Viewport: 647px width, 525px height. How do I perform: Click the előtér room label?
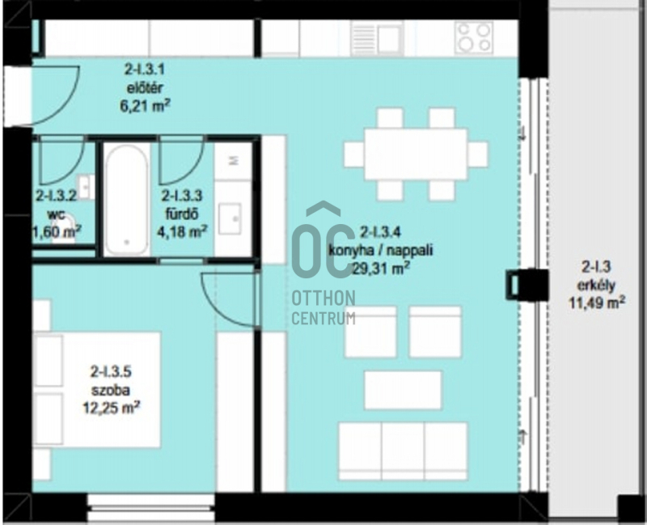click(145, 88)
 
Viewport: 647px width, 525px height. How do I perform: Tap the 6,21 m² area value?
click(145, 106)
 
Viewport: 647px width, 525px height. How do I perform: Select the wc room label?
click(56, 214)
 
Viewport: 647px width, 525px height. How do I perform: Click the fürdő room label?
click(182, 214)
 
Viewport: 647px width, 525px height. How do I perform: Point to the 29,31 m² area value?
click(380, 269)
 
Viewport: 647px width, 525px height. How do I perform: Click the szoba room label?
click(111, 390)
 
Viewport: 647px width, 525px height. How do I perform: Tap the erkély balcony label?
click(596, 286)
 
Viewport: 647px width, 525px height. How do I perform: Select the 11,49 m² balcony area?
click(597, 303)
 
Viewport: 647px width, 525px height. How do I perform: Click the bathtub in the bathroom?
click(126, 199)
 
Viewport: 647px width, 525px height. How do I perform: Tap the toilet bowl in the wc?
click(64, 229)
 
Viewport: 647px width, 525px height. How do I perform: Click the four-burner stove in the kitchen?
click(474, 36)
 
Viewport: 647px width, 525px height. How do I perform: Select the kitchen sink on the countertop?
click(377, 37)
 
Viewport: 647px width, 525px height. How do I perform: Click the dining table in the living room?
click(416, 155)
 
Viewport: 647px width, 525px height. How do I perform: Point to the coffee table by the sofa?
click(403, 390)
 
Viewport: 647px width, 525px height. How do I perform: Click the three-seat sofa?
click(403, 451)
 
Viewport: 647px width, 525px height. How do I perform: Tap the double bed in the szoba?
click(97, 390)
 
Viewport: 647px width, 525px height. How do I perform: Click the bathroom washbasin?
click(230, 218)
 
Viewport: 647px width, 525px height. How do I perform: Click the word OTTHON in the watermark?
click(323, 298)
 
